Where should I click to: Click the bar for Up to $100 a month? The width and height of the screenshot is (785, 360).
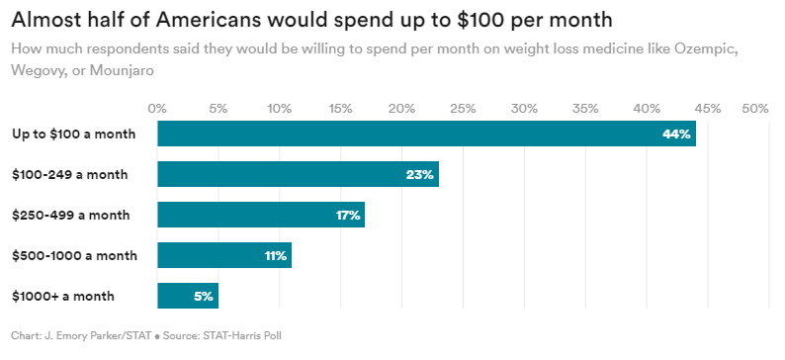pyautogui.click(x=425, y=134)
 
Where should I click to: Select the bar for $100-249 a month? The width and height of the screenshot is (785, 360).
pyautogui.click(x=297, y=174)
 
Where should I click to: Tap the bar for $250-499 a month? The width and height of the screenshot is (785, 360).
pyautogui.click(x=260, y=215)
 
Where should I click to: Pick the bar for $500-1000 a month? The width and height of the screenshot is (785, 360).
pyautogui.click(x=223, y=255)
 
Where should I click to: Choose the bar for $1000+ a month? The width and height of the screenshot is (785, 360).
pyautogui.click(x=187, y=296)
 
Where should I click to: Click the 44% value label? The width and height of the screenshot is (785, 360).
pyautogui.click(x=676, y=135)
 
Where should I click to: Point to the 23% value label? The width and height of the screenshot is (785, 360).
pyautogui.click(x=419, y=175)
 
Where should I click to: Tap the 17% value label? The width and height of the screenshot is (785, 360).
pyautogui.click(x=347, y=216)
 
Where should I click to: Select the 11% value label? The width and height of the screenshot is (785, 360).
pyautogui.click(x=275, y=256)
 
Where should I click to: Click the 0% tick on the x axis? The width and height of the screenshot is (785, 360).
pyautogui.click(x=157, y=107)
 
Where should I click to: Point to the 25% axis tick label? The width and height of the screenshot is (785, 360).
pyautogui.click(x=463, y=107)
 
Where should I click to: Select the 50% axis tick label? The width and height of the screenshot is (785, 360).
pyautogui.click(x=755, y=107)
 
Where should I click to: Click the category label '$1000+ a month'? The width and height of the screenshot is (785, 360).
pyautogui.click(x=62, y=296)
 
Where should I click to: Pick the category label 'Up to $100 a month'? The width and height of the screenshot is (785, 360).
pyautogui.click(x=73, y=134)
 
